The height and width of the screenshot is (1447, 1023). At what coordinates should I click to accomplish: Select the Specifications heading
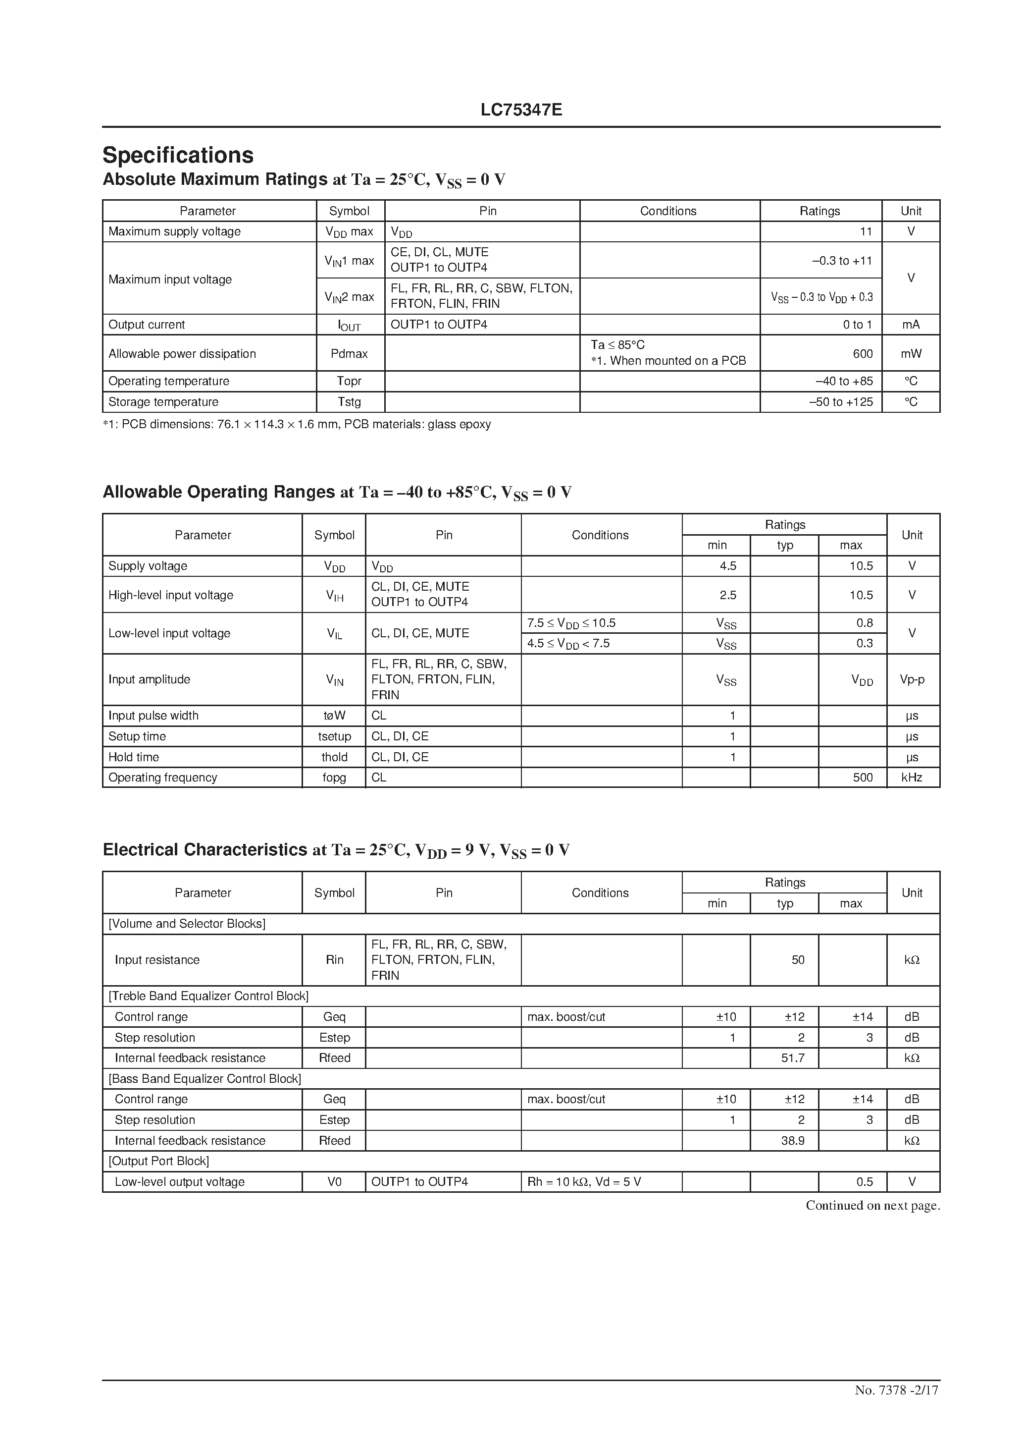click(178, 155)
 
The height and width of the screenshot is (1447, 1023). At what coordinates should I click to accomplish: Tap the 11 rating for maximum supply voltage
click(866, 231)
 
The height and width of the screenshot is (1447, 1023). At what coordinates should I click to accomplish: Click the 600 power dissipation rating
click(863, 353)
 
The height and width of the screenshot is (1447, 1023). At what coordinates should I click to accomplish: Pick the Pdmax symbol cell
click(349, 353)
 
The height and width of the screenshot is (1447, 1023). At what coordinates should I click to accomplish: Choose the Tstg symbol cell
click(349, 402)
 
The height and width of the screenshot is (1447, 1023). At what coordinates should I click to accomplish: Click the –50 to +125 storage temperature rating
click(840, 402)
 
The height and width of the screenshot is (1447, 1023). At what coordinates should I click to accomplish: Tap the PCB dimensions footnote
click(297, 424)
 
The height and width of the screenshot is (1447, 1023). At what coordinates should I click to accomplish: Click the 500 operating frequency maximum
click(863, 778)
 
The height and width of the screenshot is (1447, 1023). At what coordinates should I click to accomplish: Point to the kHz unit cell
click(912, 778)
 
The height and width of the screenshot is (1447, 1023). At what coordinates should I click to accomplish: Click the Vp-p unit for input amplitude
click(912, 679)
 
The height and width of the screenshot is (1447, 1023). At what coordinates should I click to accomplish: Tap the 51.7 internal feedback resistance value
click(792, 1058)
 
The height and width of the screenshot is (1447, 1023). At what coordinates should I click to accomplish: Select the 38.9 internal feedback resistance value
click(792, 1141)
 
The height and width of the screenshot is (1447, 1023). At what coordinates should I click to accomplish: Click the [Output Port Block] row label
click(159, 1161)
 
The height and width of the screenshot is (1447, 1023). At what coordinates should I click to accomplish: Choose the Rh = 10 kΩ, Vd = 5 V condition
click(584, 1182)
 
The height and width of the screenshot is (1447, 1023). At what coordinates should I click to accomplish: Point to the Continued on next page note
click(872, 1206)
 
